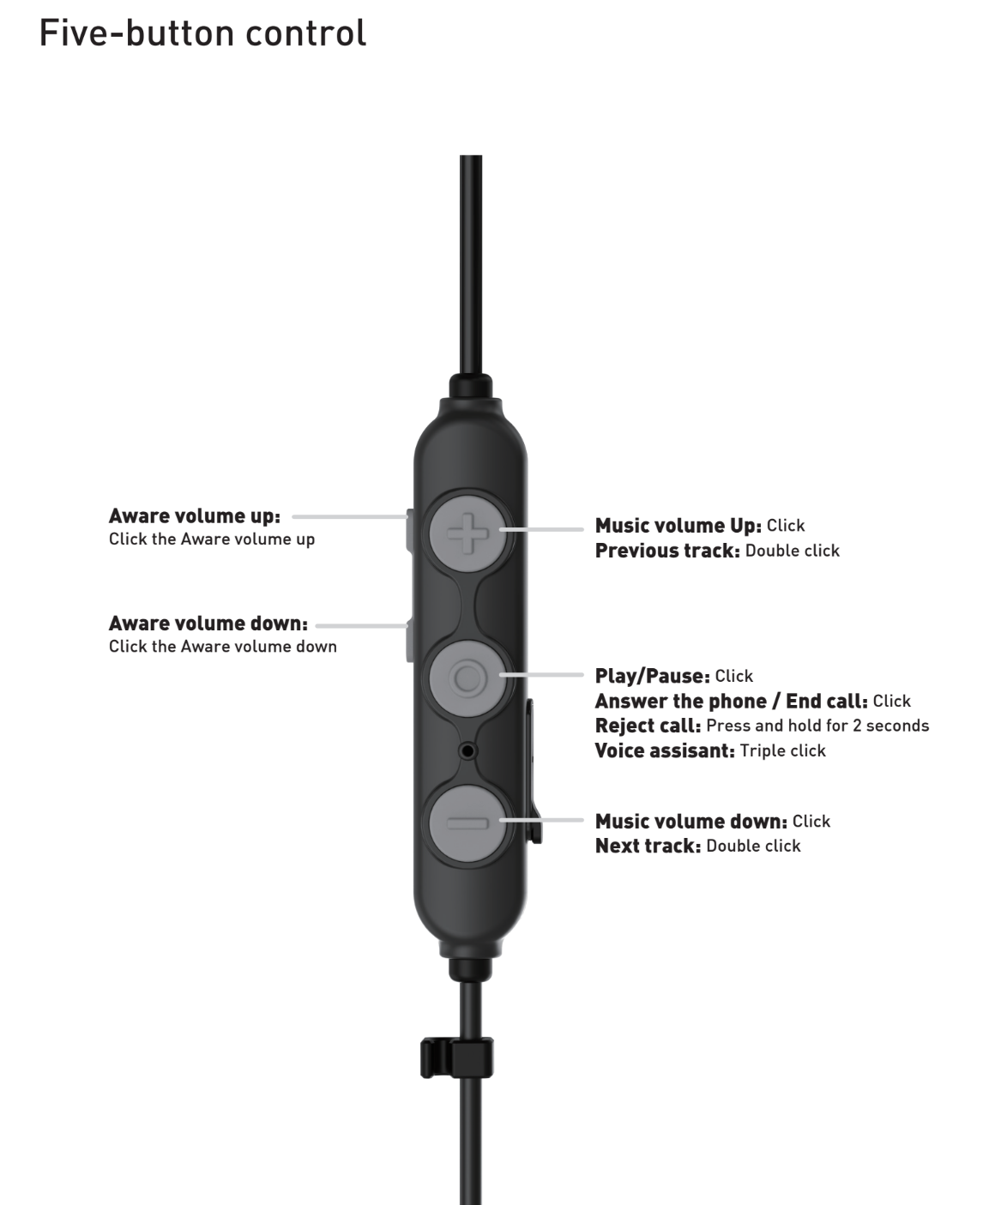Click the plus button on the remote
(467, 533)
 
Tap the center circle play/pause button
(467, 678)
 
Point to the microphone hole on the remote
(467, 750)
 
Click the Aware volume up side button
(410, 531)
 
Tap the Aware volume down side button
(410, 641)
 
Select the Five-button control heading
(202, 33)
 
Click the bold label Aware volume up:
(195, 516)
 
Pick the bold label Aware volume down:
(208, 624)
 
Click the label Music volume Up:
(678, 525)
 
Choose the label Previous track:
(667, 551)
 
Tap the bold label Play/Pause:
(653, 676)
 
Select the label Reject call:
(648, 726)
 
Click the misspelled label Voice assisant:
(665, 750)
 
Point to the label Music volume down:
(691, 821)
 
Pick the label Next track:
(648, 846)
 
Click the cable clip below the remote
(456, 1057)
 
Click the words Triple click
(783, 750)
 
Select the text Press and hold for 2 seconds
(817, 726)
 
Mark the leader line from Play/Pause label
(541, 674)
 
